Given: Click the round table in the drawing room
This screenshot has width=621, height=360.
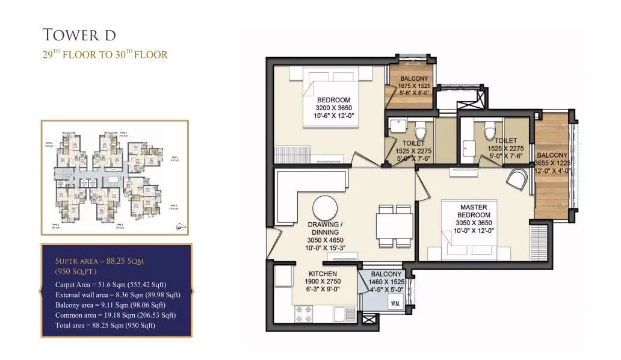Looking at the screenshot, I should tap(324, 208).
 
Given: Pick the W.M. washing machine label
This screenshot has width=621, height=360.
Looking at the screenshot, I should tap(395, 303).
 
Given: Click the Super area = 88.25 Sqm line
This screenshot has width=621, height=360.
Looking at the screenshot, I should tap(99, 261).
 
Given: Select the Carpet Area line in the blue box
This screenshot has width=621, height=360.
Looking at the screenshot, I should tap(110, 284).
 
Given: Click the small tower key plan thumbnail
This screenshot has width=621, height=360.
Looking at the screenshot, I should tap(114, 178).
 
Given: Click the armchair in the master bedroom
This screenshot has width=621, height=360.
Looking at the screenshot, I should tap(518, 179).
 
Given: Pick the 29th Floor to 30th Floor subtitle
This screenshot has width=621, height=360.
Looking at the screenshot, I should tap(105, 55).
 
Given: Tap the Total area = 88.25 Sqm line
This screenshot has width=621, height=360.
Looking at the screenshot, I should tap(105, 325).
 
